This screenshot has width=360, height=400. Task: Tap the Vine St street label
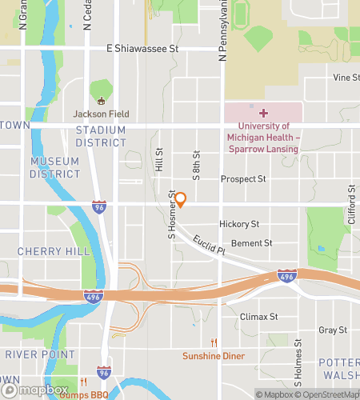(x=346, y=78)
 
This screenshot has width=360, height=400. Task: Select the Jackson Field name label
(x=102, y=114)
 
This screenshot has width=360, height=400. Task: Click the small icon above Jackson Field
(x=102, y=101)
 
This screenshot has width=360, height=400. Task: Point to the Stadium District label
(x=101, y=136)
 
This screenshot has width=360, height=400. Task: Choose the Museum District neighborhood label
(x=54, y=167)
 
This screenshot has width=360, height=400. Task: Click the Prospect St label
(x=243, y=180)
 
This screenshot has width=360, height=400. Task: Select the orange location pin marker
(x=181, y=199)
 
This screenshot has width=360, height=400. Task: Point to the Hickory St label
(x=239, y=226)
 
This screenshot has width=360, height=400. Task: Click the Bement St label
(x=251, y=243)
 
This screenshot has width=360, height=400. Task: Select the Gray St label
(x=333, y=330)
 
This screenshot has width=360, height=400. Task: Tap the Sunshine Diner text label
(x=213, y=356)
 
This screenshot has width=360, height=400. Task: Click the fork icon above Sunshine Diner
(x=214, y=342)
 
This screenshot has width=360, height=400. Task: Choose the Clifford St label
(x=350, y=203)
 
